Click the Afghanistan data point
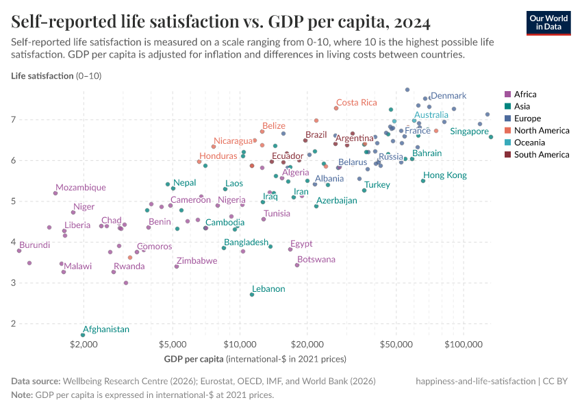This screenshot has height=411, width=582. tap(83, 335)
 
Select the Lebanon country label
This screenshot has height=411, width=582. tap(268, 289)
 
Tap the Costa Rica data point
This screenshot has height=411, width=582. tap(336, 108)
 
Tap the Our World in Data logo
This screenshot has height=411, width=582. tap(548, 23)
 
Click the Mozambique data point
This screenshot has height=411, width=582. tap(55, 193)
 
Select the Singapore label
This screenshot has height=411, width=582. tap(469, 132)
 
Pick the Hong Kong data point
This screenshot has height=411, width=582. tap(422, 181)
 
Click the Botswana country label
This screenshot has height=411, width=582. tap(316, 260)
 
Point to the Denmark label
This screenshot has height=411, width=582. tap(448, 96)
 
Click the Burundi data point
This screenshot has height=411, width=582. tap(19, 251)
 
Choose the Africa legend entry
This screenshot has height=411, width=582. tap(526, 95)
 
